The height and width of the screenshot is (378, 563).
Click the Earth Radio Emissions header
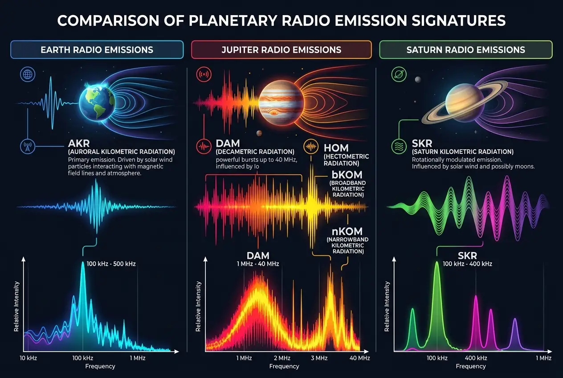[x=97, y=49]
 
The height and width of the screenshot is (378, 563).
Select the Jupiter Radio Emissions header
[x=281, y=49]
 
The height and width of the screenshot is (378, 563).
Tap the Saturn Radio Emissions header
[x=465, y=49]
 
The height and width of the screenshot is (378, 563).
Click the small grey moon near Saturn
[x=418, y=80]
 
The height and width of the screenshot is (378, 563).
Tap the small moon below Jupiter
[x=259, y=133]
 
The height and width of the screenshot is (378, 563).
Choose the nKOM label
[x=347, y=231]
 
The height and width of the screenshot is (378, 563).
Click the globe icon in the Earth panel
[x=27, y=74]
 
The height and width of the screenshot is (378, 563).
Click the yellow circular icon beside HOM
[x=310, y=147]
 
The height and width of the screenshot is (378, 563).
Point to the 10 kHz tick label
[x=29, y=358]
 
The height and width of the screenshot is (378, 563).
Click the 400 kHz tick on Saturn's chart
[x=476, y=358]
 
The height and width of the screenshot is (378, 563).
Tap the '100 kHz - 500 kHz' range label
[x=111, y=264]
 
